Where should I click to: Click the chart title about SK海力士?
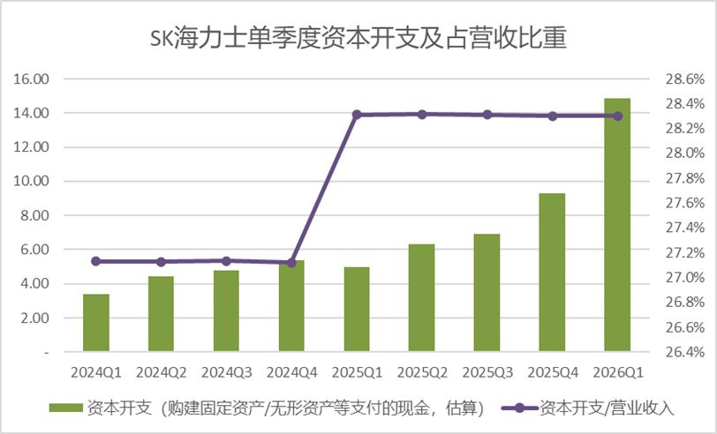point(358,37)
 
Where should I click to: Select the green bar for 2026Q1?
point(617,225)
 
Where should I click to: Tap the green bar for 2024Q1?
point(96,323)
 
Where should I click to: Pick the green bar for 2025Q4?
point(553,273)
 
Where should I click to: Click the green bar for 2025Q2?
point(421,298)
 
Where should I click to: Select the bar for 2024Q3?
point(226,311)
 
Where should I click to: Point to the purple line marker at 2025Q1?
point(357,114)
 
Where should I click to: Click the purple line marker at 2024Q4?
point(291,263)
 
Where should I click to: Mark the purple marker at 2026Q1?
point(618,116)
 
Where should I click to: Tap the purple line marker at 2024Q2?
point(161,262)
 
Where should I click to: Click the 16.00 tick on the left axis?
point(31,79)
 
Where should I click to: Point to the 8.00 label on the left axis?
point(34,215)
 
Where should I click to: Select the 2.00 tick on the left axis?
point(34,318)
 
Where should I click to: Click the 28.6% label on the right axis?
point(685,79)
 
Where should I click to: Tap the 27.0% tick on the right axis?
point(685,278)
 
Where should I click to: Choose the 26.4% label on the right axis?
point(685,352)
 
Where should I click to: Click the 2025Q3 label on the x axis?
point(487,373)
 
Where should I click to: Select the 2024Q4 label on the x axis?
point(291,373)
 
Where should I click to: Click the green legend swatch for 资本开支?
point(66,408)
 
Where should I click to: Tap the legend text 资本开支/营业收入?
point(607,408)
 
